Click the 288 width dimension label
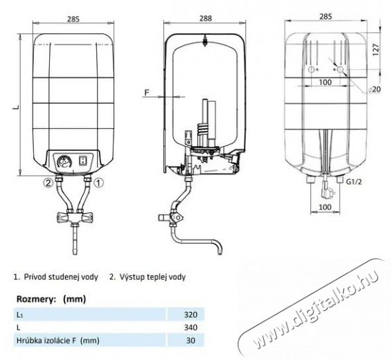pos(206,19)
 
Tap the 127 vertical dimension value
pos(376,50)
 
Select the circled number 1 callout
pos(98,183)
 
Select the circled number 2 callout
pos(48,183)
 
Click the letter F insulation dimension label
pos(147,93)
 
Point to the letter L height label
pos(16,107)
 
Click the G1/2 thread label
pos(354,182)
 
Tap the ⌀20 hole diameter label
pos(375,89)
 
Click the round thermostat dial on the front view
pos(63,161)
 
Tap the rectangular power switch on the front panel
pos(82,161)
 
